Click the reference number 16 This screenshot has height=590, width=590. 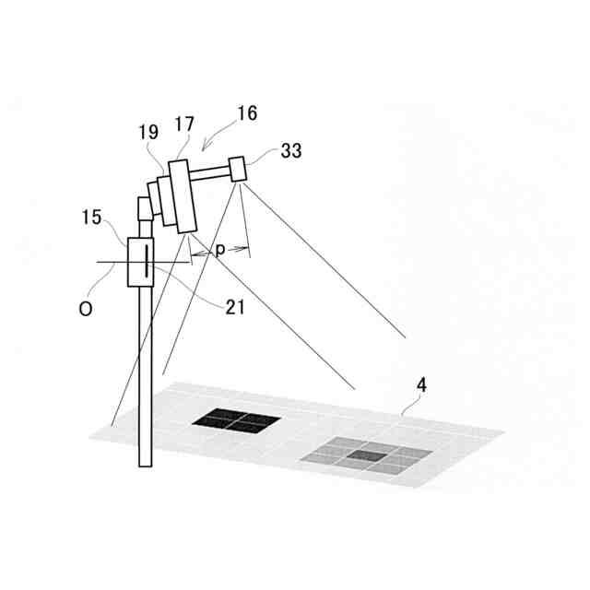(x=246, y=113)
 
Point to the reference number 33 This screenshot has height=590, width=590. (x=290, y=152)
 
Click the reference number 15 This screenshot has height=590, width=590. (x=92, y=218)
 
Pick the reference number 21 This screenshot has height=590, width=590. (x=235, y=306)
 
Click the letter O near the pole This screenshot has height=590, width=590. (x=85, y=310)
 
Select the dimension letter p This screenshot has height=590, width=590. (x=219, y=249)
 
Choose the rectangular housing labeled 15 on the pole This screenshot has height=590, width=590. (x=140, y=262)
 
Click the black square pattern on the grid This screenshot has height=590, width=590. (x=236, y=420)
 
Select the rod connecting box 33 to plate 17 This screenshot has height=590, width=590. (x=211, y=173)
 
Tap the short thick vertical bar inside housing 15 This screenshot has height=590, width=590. (x=145, y=263)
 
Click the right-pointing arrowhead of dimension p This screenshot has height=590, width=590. (x=245, y=248)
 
